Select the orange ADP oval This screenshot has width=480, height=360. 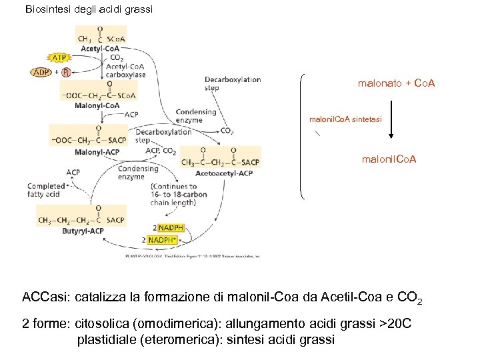(x=41, y=72)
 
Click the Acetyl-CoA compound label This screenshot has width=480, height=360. (x=101, y=48)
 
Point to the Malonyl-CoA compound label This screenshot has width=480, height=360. (x=97, y=105)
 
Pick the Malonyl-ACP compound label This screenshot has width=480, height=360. (x=97, y=152)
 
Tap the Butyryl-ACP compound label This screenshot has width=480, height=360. (x=83, y=231)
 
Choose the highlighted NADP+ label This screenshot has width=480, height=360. (x=163, y=239)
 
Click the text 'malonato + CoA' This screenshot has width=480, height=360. (x=397, y=83)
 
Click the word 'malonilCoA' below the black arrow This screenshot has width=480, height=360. (x=389, y=160)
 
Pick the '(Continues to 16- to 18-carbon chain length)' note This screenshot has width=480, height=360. (x=178, y=195)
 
